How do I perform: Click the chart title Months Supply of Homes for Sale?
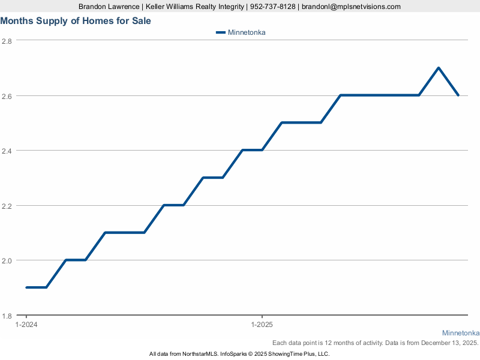click(76, 21)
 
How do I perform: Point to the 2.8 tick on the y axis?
click(7, 41)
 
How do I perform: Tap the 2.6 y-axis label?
click(7, 96)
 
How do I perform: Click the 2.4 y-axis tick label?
click(7, 151)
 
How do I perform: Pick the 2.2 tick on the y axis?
click(7, 206)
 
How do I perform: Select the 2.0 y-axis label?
click(7, 260)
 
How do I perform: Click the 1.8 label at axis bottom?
click(7, 316)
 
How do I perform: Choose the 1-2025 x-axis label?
click(262, 325)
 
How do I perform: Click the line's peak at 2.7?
click(439, 68)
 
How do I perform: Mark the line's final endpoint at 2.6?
click(458, 95)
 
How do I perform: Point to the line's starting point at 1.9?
click(26, 287)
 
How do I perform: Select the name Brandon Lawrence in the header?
click(109, 7)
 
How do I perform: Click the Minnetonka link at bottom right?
click(461, 333)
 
